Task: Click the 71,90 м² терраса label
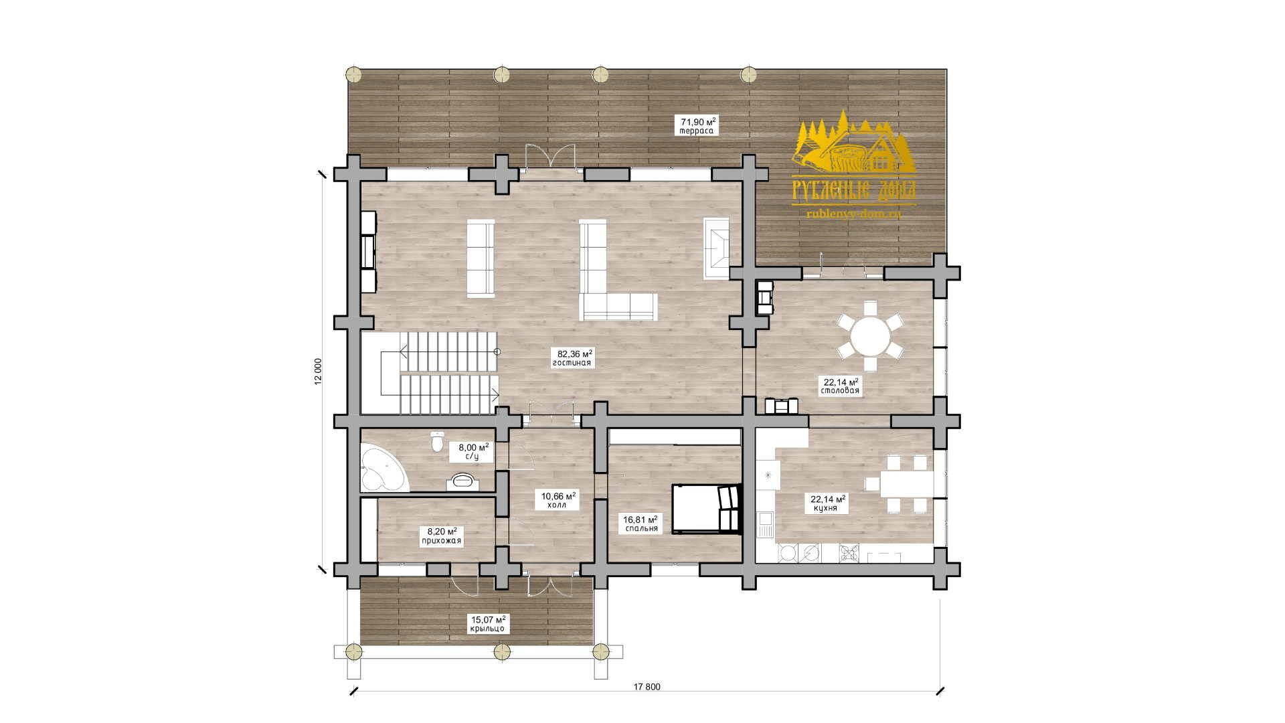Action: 698,126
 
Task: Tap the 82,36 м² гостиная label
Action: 572,358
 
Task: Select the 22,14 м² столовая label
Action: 841,386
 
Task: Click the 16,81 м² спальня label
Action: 641,524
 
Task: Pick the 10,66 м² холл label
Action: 557,500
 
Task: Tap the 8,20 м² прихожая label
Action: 440,536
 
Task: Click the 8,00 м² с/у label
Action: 473,451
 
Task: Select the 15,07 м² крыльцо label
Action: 487,624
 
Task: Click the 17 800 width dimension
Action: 646,688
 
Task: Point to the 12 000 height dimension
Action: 318,370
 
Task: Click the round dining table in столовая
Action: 870,335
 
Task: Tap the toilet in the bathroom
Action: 437,441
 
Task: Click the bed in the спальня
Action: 707,509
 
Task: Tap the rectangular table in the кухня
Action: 906,483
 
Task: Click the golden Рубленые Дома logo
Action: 854,165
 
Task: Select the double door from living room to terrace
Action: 550,157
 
